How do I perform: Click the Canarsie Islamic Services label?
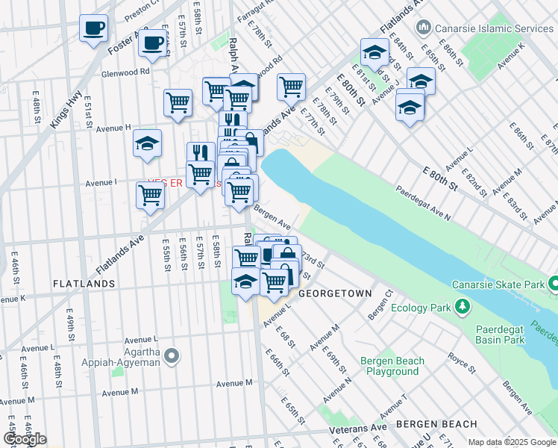pos(491,28)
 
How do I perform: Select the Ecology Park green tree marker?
pos(462,305)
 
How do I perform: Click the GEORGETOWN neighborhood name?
pos(335,294)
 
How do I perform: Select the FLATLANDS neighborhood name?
pos(84,284)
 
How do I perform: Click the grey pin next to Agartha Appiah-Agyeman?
pos(172,357)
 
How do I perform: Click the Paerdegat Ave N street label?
pos(422,204)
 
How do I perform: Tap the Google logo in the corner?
pos(25,439)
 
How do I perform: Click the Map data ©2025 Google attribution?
pos(511,442)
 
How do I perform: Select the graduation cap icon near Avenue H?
pos(148,142)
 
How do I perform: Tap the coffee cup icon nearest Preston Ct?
pos(93,28)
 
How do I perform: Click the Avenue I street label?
pos(101,182)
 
